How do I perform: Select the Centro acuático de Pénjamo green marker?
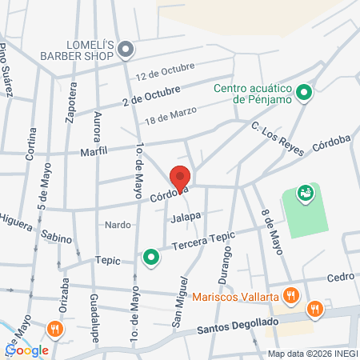click(303, 94)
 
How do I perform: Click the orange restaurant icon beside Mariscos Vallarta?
click(292, 296)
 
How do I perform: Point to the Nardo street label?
click(118, 225)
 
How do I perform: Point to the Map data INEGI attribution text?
click(312, 354)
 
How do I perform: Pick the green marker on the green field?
click(304, 193)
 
